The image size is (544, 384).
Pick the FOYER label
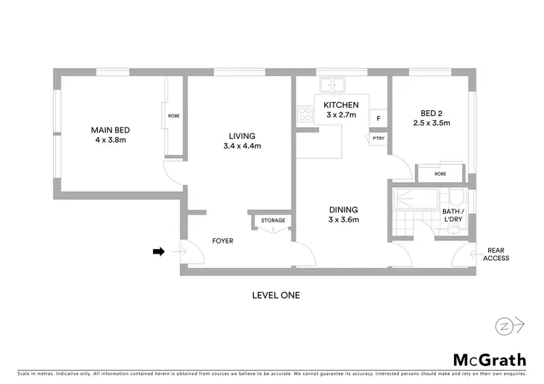click(x=222, y=241)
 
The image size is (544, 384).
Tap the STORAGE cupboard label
click(x=273, y=220)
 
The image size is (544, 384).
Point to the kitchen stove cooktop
click(x=303, y=113)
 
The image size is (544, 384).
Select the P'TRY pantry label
click(x=378, y=138)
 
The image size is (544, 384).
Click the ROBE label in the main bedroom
click(x=174, y=116)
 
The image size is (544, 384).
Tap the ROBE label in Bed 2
click(x=440, y=174)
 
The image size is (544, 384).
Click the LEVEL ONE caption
click(x=276, y=295)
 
